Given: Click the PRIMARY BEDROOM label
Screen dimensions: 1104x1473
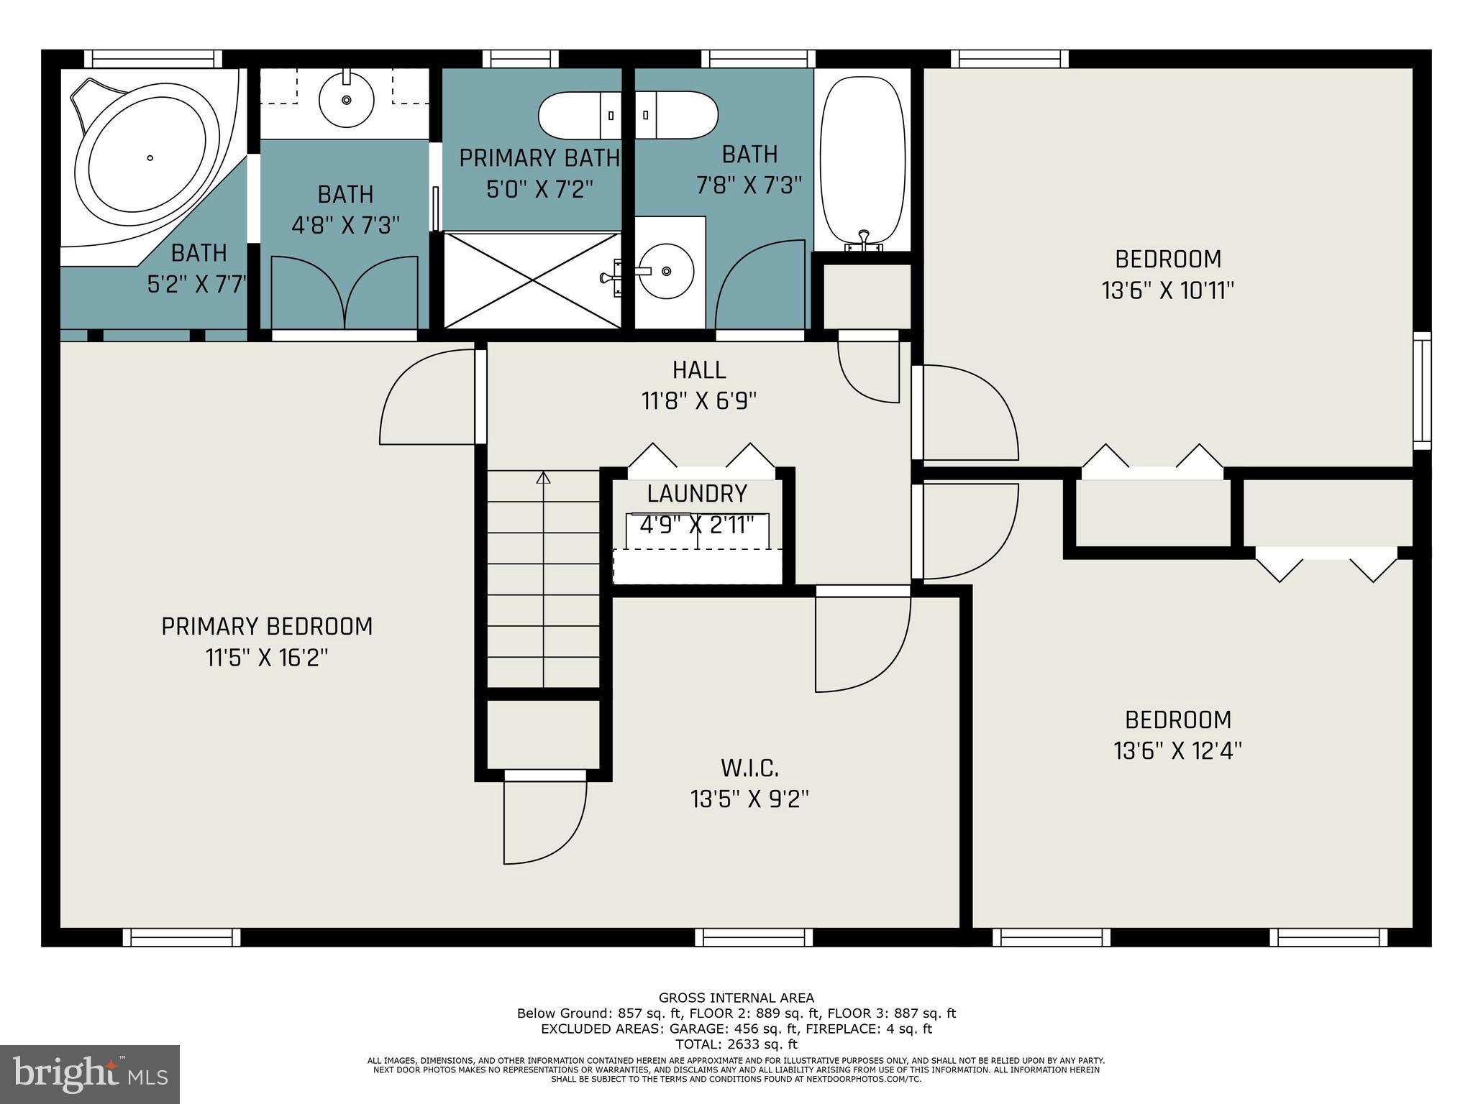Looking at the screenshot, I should point(267,627).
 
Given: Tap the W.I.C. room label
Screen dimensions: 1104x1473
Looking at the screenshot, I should point(749,768).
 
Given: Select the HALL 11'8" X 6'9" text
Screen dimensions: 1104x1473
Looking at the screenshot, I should point(699,385).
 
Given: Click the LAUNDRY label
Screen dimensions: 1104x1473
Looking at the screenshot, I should point(697,494).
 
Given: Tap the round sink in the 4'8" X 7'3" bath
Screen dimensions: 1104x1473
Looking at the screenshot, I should point(346,100).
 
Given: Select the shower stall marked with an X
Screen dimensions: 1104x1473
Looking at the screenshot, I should point(532,280).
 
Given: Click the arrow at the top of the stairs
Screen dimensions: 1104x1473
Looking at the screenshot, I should point(543,477).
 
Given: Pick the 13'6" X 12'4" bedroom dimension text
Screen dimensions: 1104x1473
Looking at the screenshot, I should point(1178,751).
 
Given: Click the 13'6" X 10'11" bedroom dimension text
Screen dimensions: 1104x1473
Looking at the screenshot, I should point(1168,290).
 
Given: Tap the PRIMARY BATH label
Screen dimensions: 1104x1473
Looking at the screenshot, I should point(539,158).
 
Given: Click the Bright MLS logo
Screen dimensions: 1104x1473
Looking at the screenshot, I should point(90,1074).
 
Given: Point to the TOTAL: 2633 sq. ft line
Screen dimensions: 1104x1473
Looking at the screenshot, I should point(736,1044).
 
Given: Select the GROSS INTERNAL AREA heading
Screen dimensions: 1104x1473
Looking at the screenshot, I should point(736,998).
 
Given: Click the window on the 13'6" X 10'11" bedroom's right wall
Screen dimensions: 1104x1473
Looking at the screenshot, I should point(1422,390).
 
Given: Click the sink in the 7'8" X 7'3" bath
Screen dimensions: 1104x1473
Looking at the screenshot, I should point(667,271).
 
